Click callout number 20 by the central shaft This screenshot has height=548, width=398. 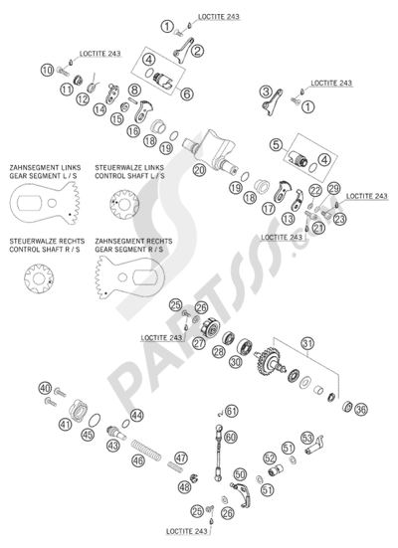click(199, 170)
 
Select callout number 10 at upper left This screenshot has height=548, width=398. click(47, 69)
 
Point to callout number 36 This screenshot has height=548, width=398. click(361, 408)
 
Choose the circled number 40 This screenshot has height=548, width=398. click(45, 387)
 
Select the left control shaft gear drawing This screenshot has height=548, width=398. click(122, 206)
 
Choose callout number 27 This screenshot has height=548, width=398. click(199, 343)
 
